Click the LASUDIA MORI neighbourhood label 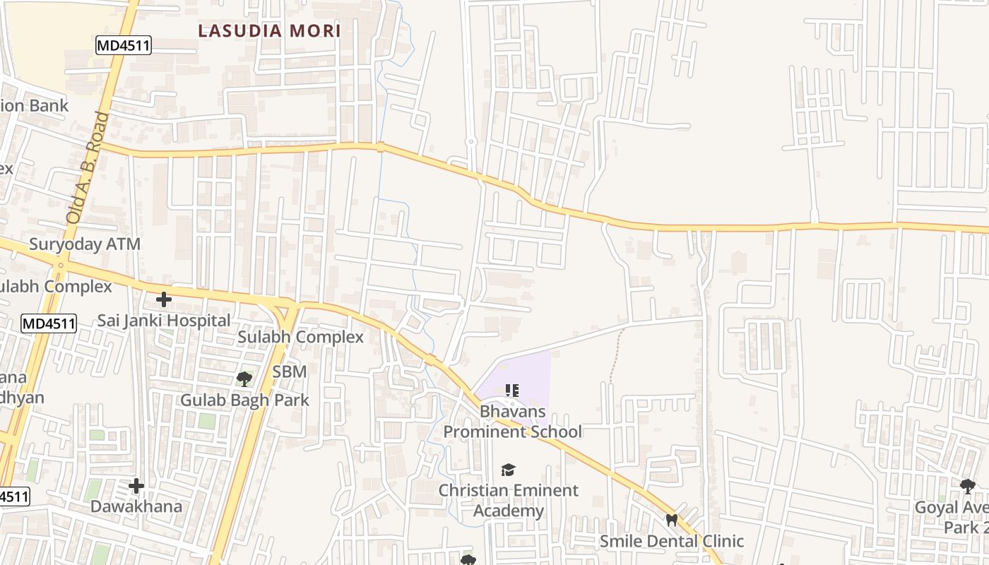click(x=269, y=31)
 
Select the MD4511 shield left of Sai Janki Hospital click(x=48, y=323)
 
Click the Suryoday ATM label click(x=85, y=244)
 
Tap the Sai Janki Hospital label click(x=164, y=320)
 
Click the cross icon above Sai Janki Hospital click(x=164, y=299)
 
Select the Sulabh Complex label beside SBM click(x=300, y=337)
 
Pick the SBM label click(x=290, y=371)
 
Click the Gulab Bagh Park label click(x=244, y=400)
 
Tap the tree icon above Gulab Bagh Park click(x=244, y=379)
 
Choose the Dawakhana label click(x=136, y=506)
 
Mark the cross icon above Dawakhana click(x=136, y=486)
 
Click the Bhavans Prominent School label click(x=513, y=421)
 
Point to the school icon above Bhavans click(x=513, y=390)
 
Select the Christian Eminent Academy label click(x=509, y=500)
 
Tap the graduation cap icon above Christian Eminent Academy click(x=508, y=470)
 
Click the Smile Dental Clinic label click(x=671, y=541)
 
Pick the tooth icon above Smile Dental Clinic click(x=671, y=520)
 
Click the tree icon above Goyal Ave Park click(x=968, y=486)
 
